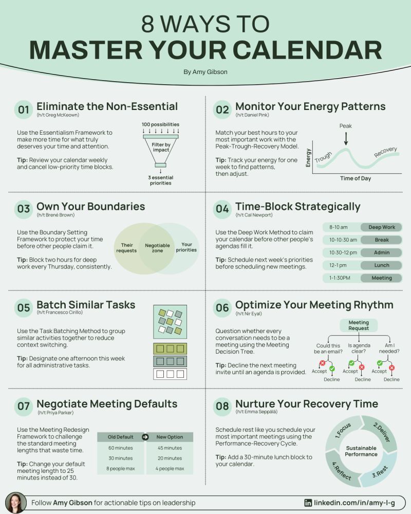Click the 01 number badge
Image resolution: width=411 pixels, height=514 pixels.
point(23,109)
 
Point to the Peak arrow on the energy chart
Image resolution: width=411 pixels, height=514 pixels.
point(346,138)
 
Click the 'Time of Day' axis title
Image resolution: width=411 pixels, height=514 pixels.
point(356,178)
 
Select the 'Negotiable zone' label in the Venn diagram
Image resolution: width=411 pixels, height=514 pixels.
point(157,248)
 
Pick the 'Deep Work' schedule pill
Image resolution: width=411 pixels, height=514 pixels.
point(381,227)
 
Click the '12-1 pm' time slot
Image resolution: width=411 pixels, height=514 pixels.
point(338,265)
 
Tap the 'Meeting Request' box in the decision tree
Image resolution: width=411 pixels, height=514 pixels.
point(359,325)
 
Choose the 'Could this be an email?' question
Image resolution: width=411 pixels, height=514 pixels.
point(328,348)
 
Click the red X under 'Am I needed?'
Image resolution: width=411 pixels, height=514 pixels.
point(391,368)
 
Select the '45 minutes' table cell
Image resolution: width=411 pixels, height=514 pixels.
point(170,448)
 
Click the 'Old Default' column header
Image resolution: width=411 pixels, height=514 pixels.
point(121,437)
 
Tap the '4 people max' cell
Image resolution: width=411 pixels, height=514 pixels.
point(170,469)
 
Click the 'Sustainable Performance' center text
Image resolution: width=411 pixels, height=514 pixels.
point(361,451)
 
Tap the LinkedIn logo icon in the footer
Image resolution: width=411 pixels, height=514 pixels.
point(308,503)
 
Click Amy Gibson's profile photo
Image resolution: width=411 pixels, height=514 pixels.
point(16,503)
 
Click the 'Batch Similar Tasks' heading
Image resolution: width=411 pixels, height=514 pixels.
point(86,304)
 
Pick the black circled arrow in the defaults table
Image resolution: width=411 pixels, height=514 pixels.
point(145,437)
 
